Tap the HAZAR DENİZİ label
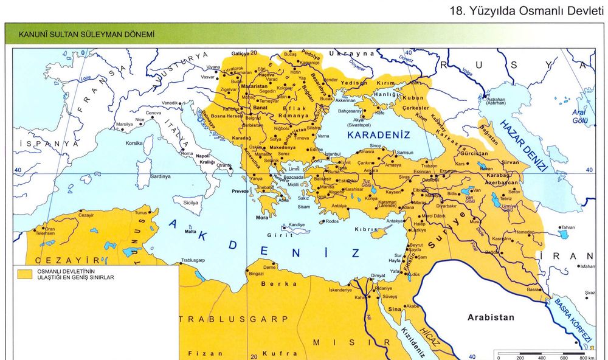point(525,147)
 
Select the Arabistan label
point(490,317)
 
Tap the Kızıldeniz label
point(414,342)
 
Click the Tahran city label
point(567,227)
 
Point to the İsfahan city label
point(587,266)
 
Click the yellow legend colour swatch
point(25,274)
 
